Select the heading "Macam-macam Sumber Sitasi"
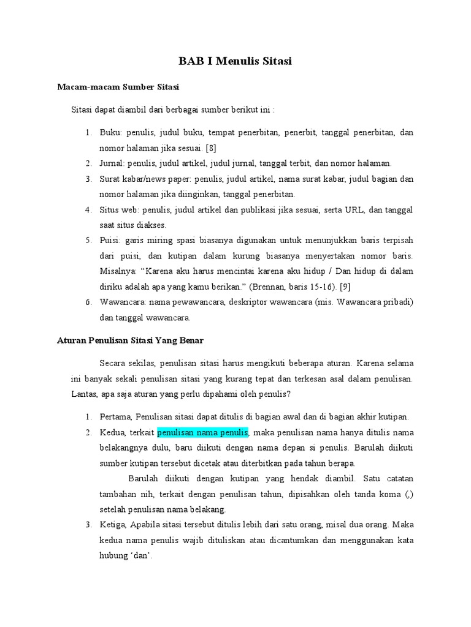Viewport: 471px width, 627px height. click(x=118, y=88)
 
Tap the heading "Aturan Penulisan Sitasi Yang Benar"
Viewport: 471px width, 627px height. click(x=130, y=340)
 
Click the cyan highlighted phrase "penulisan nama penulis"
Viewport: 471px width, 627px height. click(x=202, y=433)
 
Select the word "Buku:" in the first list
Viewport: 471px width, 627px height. click(x=112, y=133)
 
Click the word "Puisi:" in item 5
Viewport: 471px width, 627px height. click(x=111, y=240)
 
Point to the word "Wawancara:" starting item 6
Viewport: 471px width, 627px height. click(x=121, y=302)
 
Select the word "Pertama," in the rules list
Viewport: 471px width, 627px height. click(x=117, y=417)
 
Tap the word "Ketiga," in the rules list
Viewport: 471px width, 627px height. click(x=115, y=525)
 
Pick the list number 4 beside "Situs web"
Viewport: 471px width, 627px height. click(x=88, y=210)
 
